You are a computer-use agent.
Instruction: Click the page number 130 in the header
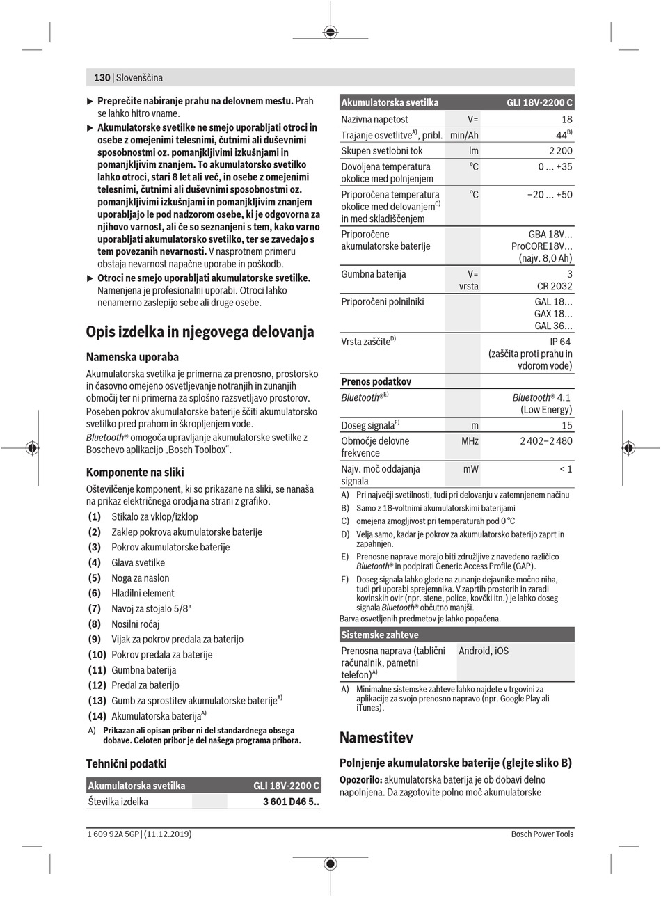tap(102, 78)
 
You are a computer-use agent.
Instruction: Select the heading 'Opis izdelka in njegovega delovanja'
tap(200, 332)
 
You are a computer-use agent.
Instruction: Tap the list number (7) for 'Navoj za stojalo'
tap(95, 609)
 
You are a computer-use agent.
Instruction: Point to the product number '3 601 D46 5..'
tap(292, 802)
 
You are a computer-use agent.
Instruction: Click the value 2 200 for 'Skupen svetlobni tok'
tap(560, 150)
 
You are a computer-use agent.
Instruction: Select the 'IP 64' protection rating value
tap(560, 342)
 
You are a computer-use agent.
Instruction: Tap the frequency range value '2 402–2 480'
tap(546, 441)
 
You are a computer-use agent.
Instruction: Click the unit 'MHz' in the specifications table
tap(470, 441)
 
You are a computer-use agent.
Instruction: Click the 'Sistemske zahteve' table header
tap(380, 635)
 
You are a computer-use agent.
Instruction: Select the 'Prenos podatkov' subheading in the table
tap(376, 381)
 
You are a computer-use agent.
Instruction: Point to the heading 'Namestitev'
tap(376, 737)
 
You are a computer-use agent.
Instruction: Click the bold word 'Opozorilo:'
tap(360, 779)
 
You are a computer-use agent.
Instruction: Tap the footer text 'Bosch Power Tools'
tap(542, 834)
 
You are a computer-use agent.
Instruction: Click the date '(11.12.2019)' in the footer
tap(168, 834)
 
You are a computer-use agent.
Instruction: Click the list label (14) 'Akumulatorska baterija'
tap(97, 715)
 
